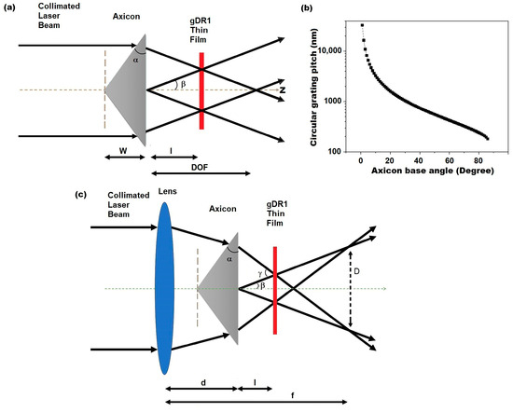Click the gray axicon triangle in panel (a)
click(129, 89)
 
